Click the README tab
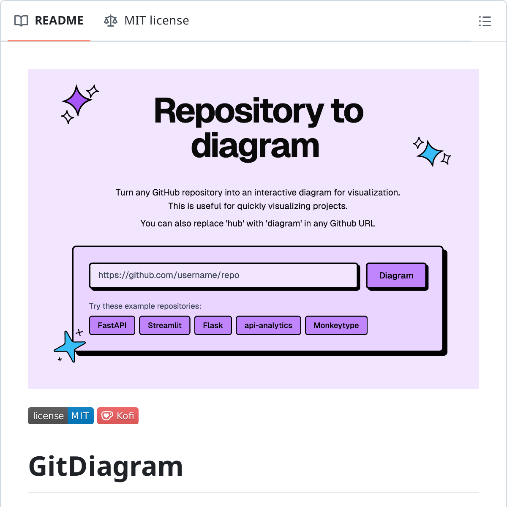click(x=49, y=21)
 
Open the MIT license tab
click(x=147, y=21)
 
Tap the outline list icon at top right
click(x=485, y=21)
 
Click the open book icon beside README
click(x=21, y=21)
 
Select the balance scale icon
click(x=111, y=21)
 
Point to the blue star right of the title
click(x=430, y=153)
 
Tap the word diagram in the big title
click(x=255, y=146)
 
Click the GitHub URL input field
click(x=224, y=275)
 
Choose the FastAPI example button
click(x=112, y=325)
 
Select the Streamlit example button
click(x=164, y=325)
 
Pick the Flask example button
click(x=213, y=325)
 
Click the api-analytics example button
click(x=268, y=325)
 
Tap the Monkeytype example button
click(x=336, y=325)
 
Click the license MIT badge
click(x=60, y=416)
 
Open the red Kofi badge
click(x=118, y=416)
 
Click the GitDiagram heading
click(x=106, y=466)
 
